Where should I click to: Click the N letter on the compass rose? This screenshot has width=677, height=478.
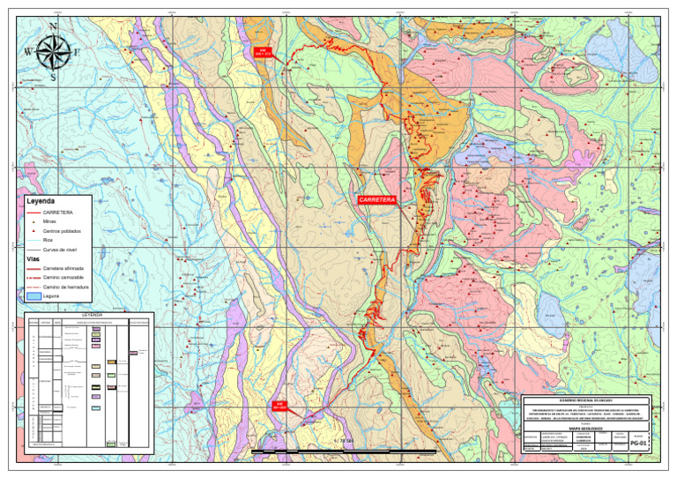(54, 27)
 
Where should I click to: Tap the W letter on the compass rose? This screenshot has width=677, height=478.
(27, 51)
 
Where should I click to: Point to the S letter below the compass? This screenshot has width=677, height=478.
(54, 77)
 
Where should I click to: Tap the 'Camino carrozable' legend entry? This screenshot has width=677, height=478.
(63, 277)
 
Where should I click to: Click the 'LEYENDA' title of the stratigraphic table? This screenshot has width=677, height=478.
(93, 314)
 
